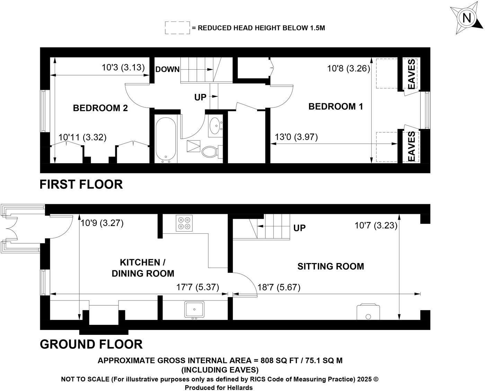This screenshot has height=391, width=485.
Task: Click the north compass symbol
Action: coord(467,18)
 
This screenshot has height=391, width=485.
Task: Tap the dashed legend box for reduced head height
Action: coord(177,28)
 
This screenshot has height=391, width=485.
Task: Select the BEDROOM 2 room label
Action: coord(100,108)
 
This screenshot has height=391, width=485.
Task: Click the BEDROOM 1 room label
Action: coord(335,106)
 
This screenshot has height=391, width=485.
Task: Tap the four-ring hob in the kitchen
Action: coord(184,223)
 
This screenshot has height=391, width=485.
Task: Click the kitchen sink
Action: coord(194,310)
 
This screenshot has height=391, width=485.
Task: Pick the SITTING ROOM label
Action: coord(330,266)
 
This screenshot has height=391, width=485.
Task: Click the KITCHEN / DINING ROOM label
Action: coord(142,268)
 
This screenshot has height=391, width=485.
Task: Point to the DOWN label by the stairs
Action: coord(167,69)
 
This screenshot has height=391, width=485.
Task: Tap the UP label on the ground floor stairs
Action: coord(299,228)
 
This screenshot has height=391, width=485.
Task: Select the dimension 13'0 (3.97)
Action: coord(296,137)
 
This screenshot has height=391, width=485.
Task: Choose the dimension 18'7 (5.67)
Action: coord(279,287)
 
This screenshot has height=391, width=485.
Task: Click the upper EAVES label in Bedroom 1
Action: coord(411,74)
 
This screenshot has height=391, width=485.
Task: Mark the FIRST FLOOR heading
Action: coord(81,184)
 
